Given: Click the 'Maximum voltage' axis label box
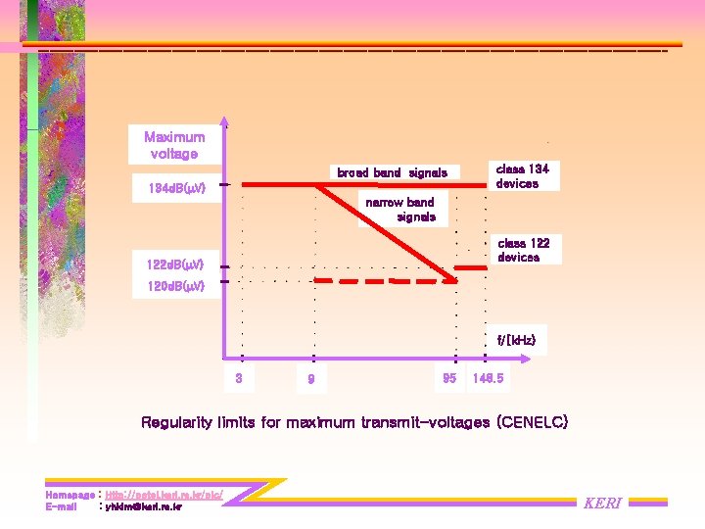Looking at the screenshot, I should (x=175, y=145).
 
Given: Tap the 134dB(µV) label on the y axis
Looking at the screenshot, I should (x=169, y=188).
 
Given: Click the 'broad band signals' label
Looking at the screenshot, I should (x=392, y=172).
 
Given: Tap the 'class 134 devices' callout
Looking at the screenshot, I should (x=523, y=175).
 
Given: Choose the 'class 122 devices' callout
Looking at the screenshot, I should (x=524, y=250).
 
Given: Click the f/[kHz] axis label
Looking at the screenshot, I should (x=516, y=341).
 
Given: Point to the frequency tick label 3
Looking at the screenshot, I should (x=239, y=377).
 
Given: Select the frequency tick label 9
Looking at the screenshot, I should (x=310, y=379).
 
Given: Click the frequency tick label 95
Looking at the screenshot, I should (x=449, y=377).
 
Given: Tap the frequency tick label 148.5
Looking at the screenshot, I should (x=488, y=377).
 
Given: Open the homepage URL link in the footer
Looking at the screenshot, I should (x=164, y=496).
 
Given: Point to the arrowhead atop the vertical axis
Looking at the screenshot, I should (x=224, y=122).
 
